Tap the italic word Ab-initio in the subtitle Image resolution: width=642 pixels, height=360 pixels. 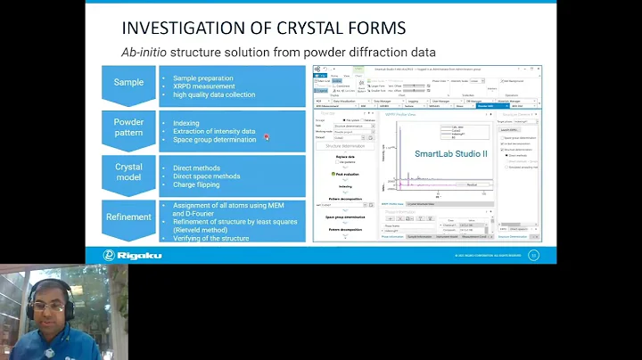[148, 52]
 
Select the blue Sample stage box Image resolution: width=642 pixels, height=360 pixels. [128, 83]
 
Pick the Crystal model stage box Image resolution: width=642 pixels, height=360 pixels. [128, 173]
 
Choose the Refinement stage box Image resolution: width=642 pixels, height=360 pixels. [128, 217]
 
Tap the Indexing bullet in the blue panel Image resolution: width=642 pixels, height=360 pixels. [187, 123]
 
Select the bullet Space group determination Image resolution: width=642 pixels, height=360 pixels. [214, 139]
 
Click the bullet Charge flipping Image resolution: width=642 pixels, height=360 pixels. [199, 184]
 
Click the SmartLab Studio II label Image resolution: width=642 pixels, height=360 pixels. [451, 154]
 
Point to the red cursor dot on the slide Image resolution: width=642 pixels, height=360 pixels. [267, 136]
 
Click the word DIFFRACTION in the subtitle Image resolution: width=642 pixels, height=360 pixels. [375, 52]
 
